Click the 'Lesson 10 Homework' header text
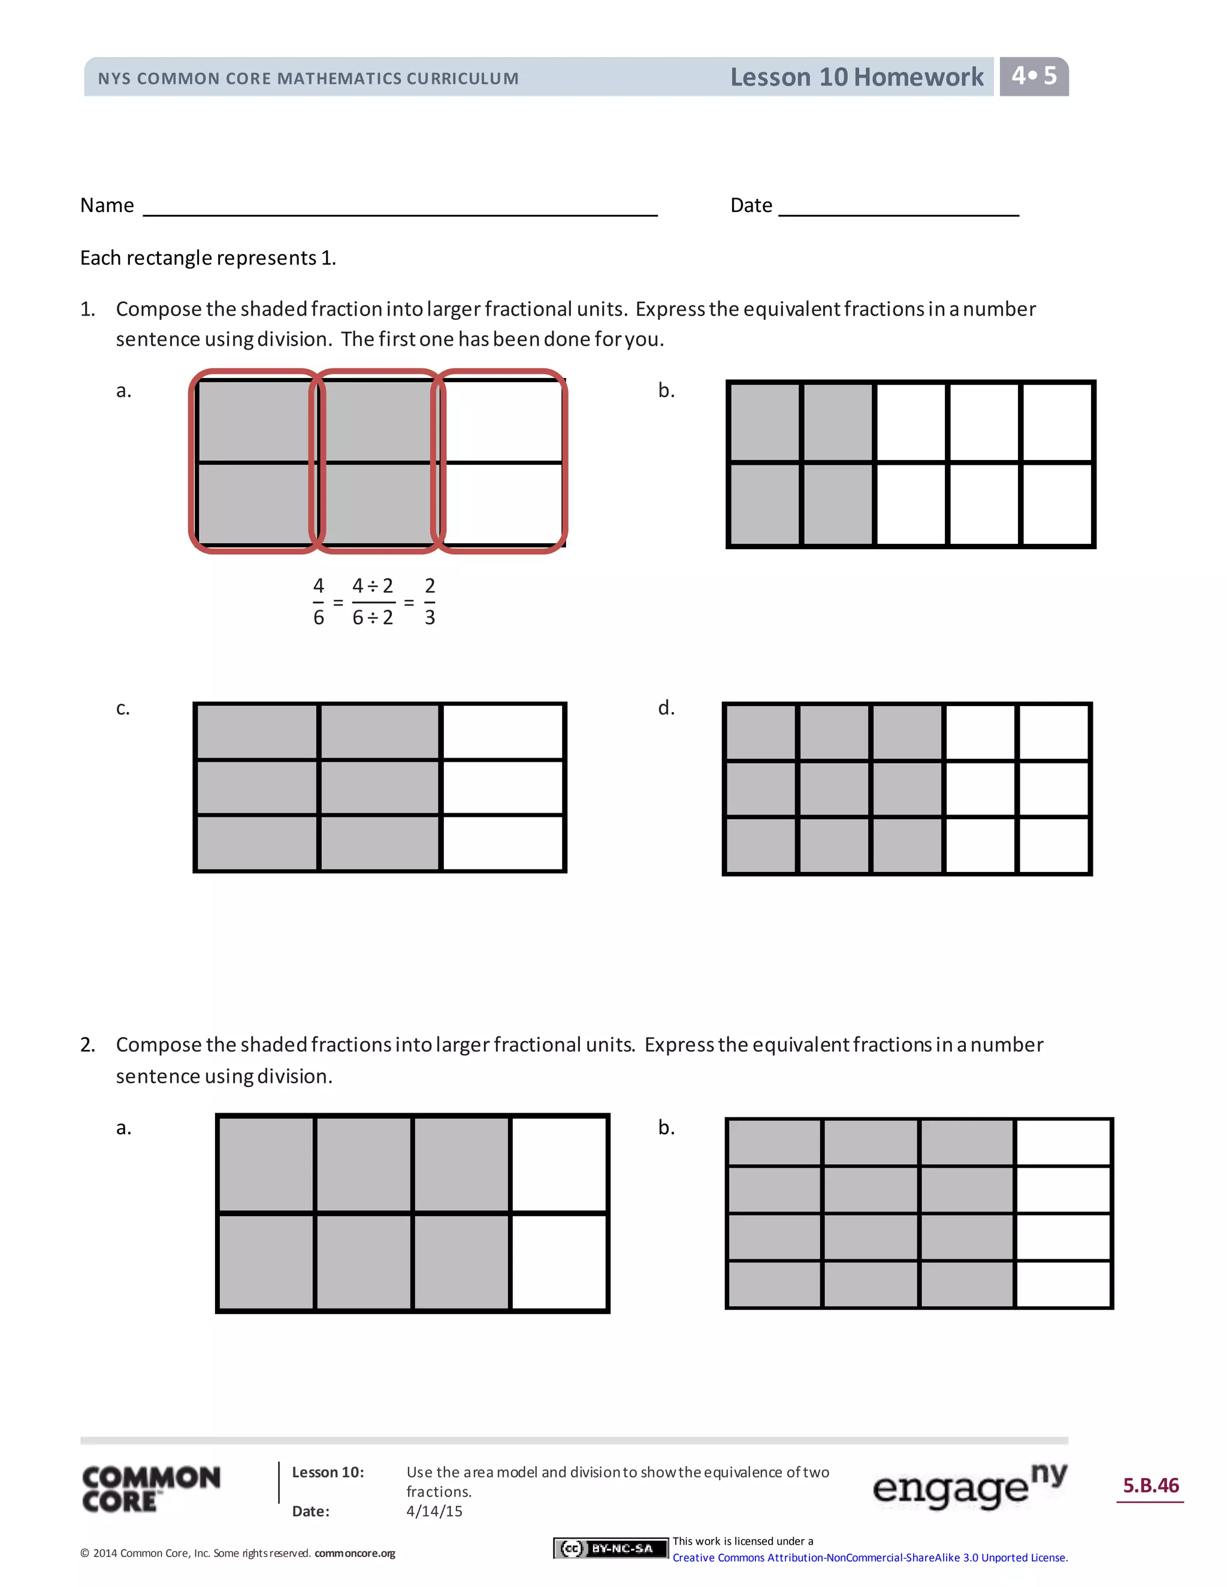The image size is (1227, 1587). click(x=856, y=77)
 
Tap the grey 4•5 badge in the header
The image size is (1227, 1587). click(x=1033, y=76)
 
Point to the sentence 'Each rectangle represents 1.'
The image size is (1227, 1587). click(x=208, y=258)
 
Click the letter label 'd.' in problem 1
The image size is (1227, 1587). click(x=666, y=708)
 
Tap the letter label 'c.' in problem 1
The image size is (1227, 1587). click(x=123, y=708)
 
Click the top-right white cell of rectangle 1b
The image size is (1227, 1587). click(x=1057, y=422)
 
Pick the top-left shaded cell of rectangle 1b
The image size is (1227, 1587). click(x=764, y=422)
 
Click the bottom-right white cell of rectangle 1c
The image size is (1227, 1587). click(x=502, y=843)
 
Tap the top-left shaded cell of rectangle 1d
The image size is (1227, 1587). click(x=760, y=732)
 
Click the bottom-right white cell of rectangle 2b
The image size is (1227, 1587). click(x=1063, y=1284)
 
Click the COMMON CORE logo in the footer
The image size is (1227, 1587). click(x=151, y=1489)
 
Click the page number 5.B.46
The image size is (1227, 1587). click(x=1151, y=1485)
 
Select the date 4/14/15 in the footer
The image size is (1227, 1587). click(x=434, y=1511)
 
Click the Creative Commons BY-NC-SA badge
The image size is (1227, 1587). click(x=610, y=1549)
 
